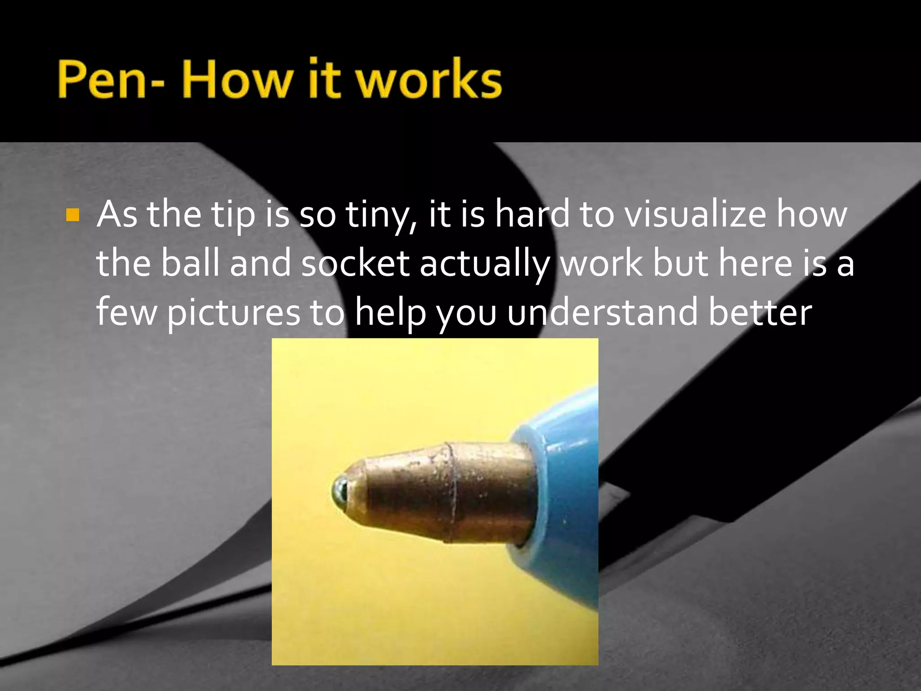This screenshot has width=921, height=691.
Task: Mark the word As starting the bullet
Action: [x=117, y=215]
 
